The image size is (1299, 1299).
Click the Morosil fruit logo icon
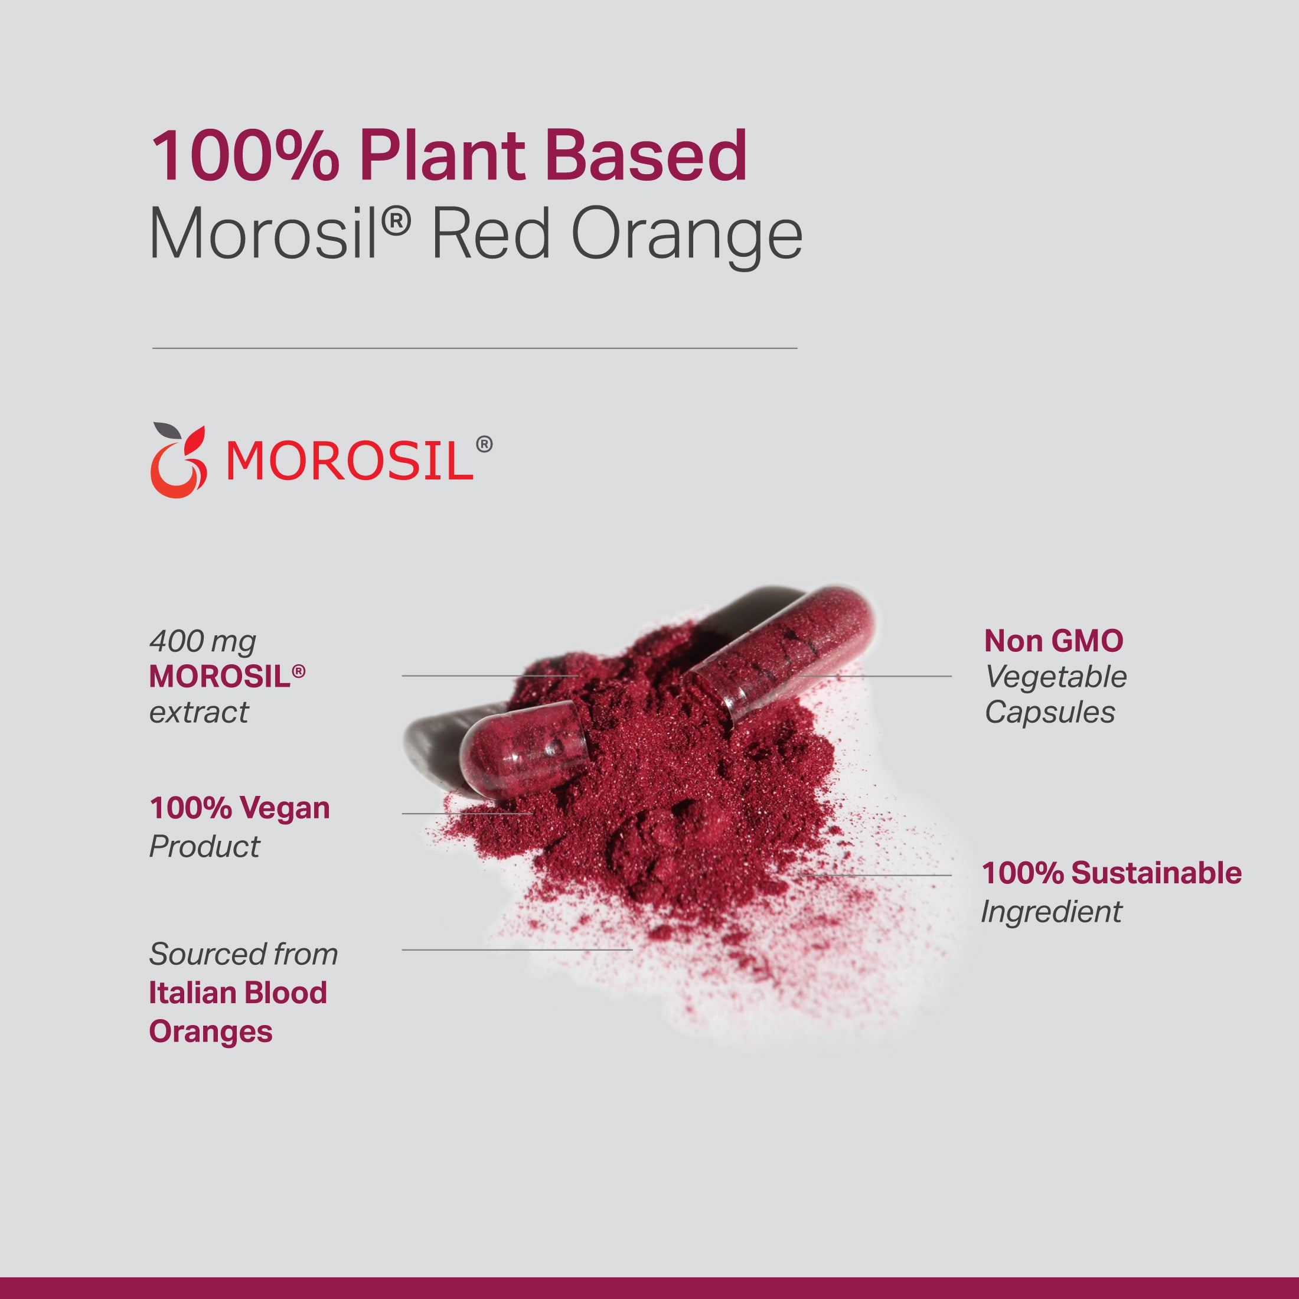178,461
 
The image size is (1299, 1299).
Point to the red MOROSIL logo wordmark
350,461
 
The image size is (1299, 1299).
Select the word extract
199,712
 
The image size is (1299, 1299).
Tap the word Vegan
286,808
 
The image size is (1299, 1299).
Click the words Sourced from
243,954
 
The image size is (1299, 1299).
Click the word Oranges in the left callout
210,1032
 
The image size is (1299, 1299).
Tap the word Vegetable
1056,677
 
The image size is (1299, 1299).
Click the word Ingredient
1051,912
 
